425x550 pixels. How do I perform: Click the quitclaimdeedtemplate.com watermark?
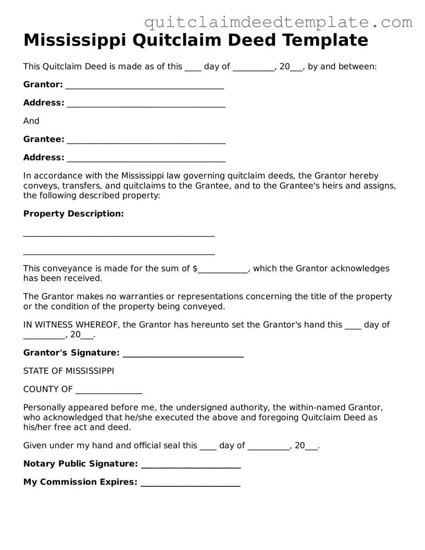click(x=278, y=22)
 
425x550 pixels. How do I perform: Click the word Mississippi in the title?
click(x=75, y=40)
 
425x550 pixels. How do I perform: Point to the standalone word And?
click(x=31, y=121)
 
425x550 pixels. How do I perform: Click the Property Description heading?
click(x=73, y=214)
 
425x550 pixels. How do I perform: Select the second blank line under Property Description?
click(x=119, y=253)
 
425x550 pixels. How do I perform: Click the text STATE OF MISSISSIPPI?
click(x=69, y=371)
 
